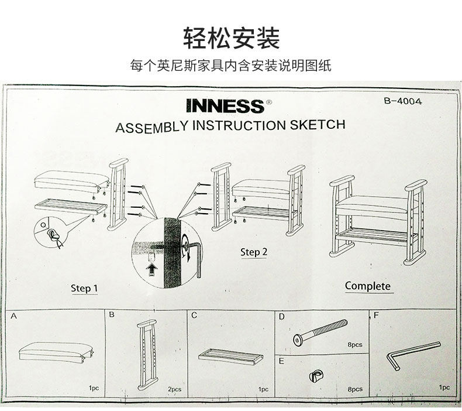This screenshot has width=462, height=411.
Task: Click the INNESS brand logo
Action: tap(225, 106)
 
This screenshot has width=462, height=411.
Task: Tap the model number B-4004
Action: tap(402, 100)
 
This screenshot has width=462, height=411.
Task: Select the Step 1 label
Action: tap(84, 288)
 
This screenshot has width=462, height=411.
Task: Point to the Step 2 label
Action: tap(254, 252)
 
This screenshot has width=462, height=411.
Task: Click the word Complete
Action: tap(367, 286)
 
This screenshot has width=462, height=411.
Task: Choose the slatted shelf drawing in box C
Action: tap(230, 356)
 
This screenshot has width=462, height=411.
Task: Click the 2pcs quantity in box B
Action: tap(174, 389)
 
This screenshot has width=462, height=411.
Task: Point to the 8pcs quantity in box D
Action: tap(354, 345)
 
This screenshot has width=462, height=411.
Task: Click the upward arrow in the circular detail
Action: tap(153, 269)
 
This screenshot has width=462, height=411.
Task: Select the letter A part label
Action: tap(13, 316)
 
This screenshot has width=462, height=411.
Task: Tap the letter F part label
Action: tap(376, 316)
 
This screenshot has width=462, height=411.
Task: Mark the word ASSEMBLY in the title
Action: tap(152, 127)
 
